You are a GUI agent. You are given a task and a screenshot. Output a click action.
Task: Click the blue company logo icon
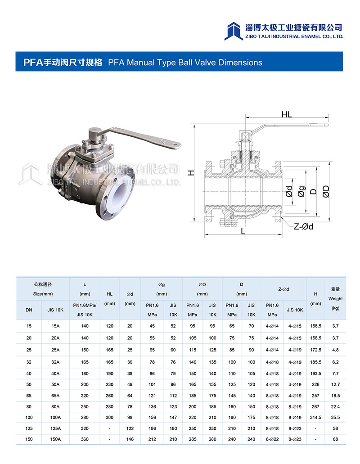[234, 31]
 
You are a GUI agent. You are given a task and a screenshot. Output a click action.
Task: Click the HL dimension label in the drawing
[287, 114]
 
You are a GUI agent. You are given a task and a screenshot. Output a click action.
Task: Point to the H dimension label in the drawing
[191, 173]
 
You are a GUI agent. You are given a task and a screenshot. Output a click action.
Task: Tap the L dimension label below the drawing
[243, 231]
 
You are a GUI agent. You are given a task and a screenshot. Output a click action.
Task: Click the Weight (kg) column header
[335, 298]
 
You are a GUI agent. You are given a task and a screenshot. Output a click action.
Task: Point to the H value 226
[315, 384]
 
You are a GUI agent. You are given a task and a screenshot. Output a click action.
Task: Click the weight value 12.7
[335, 384]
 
